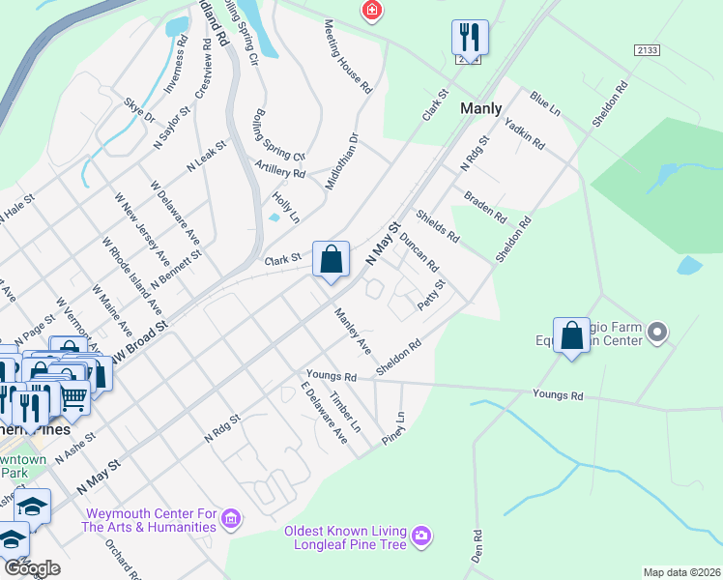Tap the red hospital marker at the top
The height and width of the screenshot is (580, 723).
(370, 12)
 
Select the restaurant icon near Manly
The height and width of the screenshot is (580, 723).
(469, 38)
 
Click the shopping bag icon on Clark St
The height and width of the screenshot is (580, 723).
(331, 259)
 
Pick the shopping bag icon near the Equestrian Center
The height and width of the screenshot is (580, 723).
(572, 335)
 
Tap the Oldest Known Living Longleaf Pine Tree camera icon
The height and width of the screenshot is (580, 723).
(420, 535)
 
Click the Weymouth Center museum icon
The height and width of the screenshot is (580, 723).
(230, 519)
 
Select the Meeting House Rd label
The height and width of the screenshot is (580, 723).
(348, 56)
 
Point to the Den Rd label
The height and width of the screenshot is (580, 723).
(477, 547)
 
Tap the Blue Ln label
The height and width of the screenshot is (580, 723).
(545, 104)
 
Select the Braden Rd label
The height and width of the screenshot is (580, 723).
(484, 206)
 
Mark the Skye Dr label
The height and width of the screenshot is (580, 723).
(139, 110)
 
